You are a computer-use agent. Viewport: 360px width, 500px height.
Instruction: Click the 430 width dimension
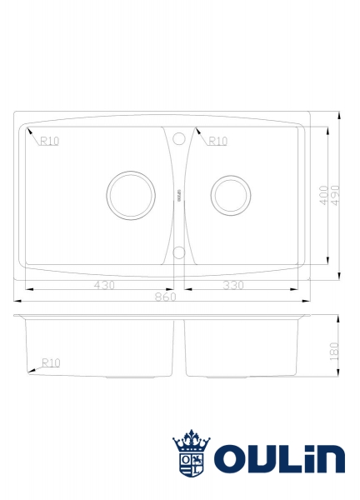[x=104, y=285]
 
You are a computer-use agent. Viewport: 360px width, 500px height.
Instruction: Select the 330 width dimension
[x=233, y=285]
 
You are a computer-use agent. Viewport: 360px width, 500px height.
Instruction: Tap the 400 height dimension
[x=324, y=197]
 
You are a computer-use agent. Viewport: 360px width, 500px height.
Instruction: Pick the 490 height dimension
[x=335, y=197]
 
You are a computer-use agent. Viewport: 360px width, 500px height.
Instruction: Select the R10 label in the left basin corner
[x=50, y=141]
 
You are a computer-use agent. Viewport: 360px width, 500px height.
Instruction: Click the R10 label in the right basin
[x=217, y=141]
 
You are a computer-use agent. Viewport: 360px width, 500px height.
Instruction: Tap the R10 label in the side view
[x=51, y=362]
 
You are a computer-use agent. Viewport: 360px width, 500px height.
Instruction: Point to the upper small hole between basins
[x=178, y=139]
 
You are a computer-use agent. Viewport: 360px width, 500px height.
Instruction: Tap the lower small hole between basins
[x=178, y=252]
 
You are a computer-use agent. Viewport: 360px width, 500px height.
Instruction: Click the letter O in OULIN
[x=230, y=459]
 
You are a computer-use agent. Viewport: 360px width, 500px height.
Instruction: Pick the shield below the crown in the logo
[x=191, y=465]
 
